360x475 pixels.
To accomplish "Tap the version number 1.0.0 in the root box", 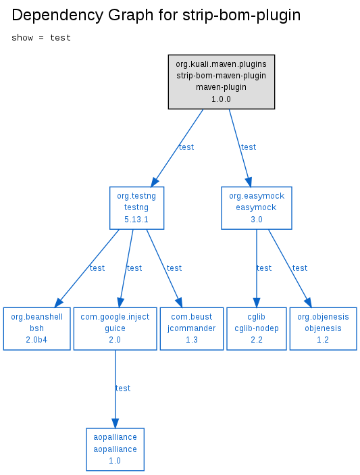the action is pyautogui.click(x=221, y=99).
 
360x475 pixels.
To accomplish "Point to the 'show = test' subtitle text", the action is pyautogui.click(x=41, y=38).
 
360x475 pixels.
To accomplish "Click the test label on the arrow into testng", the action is pyautogui.click(x=186, y=147).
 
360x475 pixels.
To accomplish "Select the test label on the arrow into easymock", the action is pyautogui.click(x=249, y=147).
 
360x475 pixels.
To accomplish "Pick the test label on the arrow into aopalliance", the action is pyautogui.click(x=123, y=389).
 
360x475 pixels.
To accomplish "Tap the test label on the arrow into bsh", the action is pyautogui.click(x=97, y=268).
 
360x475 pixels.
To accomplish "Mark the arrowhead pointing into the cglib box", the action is pyautogui.click(x=257, y=303).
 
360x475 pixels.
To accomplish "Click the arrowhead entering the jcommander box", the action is pyautogui.click(x=179, y=302).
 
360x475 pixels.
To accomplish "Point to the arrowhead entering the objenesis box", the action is pyautogui.click(x=308, y=302).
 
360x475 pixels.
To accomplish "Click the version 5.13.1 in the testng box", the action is pyautogui.click(x=136, y=220).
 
